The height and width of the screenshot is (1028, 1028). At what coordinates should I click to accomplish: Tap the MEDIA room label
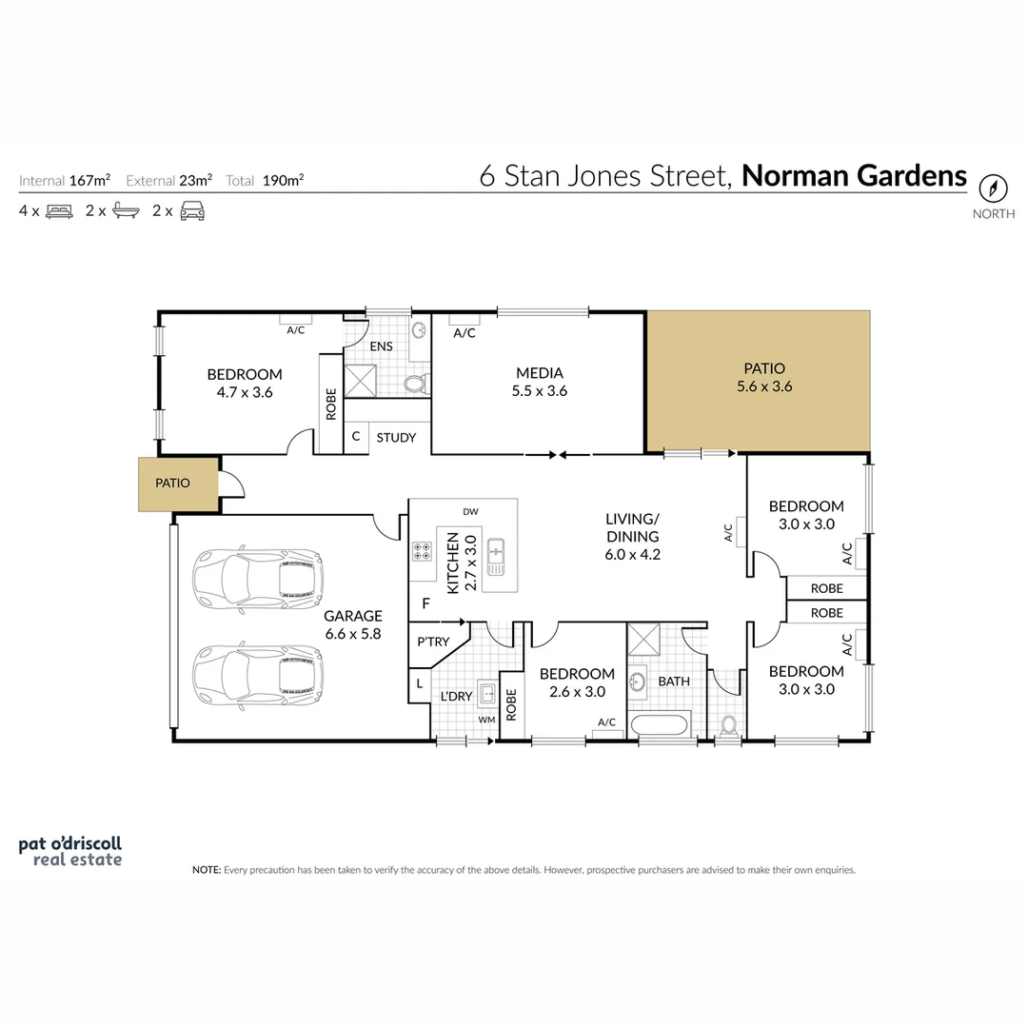540,373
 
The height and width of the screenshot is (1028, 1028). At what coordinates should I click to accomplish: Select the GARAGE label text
352,616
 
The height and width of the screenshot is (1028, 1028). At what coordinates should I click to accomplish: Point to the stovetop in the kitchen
422,552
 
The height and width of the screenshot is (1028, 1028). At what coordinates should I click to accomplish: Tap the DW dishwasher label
470,512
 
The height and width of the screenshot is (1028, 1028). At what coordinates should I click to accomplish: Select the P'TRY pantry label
433,642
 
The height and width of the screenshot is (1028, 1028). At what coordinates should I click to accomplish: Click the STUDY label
396,438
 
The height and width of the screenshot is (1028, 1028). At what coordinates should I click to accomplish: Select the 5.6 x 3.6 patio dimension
764,386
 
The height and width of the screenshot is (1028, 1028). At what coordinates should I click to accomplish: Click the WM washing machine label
487,720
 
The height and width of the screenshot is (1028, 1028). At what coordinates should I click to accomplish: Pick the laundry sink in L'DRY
486,693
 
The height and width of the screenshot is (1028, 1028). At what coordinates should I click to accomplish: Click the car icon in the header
192,211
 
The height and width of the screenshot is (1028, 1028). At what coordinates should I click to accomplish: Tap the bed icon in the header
58,211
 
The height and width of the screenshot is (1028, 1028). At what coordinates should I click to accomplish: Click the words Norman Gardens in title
854,177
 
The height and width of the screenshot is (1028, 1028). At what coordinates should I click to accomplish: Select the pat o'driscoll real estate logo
70,851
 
